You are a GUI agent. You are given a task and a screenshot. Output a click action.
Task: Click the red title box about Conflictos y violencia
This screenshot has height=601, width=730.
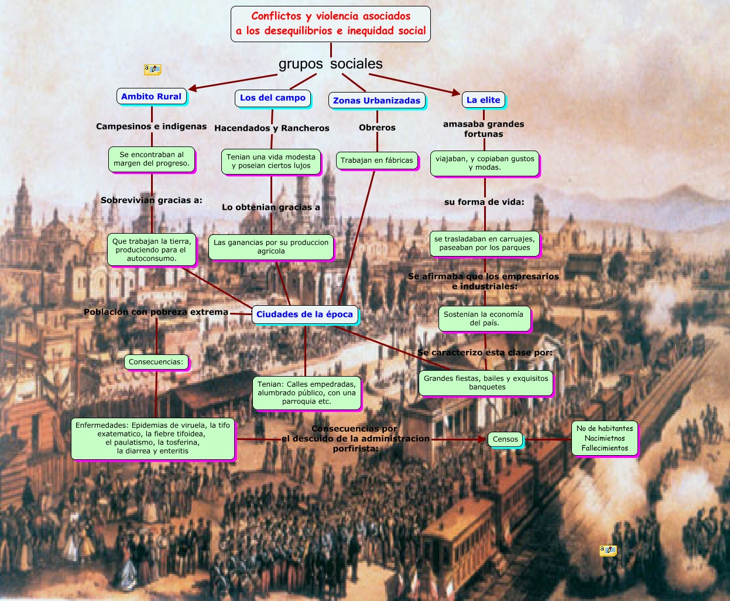[x=331, y=24]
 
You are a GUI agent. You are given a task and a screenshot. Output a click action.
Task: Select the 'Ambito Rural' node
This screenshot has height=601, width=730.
[x=152, y=97]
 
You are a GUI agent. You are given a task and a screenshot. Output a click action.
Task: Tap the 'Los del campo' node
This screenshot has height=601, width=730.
[x=273, y=98]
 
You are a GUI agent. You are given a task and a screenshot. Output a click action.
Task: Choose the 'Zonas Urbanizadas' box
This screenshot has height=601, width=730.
[x=376, y=101]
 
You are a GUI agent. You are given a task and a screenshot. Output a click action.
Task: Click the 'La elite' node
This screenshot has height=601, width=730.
[x=483, y=100]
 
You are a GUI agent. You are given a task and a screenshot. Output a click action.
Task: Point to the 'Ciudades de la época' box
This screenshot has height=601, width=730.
[x=304, y=315]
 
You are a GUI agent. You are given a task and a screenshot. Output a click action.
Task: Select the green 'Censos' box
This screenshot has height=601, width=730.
[x=505, y=439]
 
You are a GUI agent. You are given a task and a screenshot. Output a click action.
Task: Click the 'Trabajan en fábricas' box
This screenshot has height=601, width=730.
[x=377, y=161]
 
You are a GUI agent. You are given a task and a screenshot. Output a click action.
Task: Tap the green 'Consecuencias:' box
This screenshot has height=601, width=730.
[x=156, y=362]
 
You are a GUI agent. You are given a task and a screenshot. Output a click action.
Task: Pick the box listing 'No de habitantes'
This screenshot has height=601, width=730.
[x=605, y=438]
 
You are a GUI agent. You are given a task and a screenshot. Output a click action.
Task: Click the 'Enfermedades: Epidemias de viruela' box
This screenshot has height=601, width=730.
[x=153, y=438]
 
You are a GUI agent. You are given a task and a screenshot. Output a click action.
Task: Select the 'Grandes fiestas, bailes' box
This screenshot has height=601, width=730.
[x=486, y=383]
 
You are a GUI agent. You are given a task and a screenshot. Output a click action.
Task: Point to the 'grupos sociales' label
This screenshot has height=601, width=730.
[x=331, y=64]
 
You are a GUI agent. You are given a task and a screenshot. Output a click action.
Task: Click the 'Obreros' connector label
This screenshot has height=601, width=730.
[x=377, y=128]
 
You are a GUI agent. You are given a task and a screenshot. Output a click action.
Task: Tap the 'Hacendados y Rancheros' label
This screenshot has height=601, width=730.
[x=272, y=128]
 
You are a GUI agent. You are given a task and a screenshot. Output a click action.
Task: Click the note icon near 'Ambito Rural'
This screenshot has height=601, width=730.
[x=152, y=70]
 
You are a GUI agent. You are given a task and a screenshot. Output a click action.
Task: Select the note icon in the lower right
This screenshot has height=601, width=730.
[x=608, y=551]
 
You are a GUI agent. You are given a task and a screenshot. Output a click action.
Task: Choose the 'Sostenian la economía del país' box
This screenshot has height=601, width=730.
[x=484, y=319]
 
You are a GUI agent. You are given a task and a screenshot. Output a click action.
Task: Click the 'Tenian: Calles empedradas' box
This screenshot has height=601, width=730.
[x=307, y=393]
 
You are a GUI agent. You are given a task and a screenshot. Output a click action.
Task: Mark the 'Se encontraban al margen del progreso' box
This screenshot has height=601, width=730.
[x=152, y=159]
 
